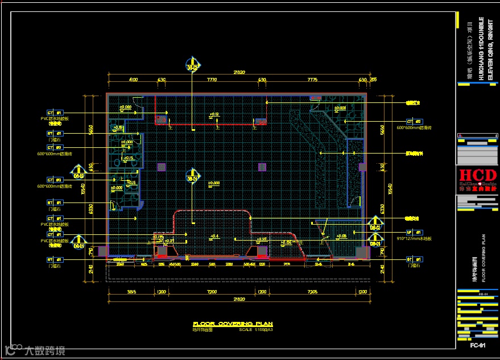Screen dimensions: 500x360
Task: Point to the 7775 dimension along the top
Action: click(312, 80)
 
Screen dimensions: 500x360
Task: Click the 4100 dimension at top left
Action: click(134, 80)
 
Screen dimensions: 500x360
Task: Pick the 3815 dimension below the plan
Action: click(131, 292)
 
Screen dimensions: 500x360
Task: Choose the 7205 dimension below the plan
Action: click(312, 292)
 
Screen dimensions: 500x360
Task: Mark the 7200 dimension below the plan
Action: click(212, 292)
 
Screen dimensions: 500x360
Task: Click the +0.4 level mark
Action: click(214, 236)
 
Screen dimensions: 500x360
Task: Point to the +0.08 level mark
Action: click(341, 236)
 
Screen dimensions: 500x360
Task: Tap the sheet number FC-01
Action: click(477, 345)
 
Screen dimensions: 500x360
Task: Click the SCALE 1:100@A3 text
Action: click(257, 329)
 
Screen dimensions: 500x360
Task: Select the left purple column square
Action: click(162, 167)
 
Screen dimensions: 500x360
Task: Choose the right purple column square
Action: click(262, 167)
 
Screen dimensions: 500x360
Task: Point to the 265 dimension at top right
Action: click(373, 80)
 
